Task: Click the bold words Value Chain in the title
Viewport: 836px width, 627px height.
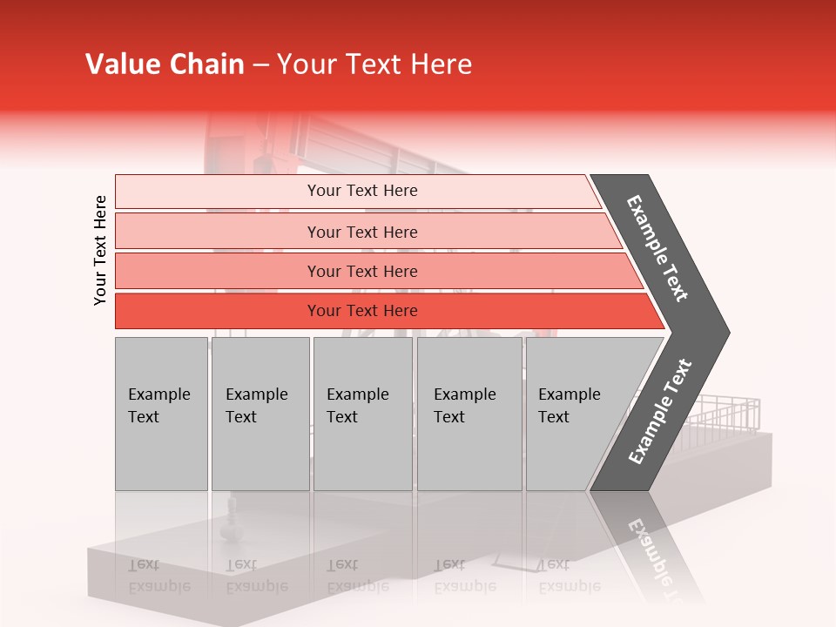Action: pos(165,64)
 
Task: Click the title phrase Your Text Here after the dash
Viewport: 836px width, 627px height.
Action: pos(374,64)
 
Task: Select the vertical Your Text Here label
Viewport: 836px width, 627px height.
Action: pos(100,250)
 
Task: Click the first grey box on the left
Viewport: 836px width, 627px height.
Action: pos(161,414)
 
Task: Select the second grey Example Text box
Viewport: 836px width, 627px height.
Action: pos(260,414)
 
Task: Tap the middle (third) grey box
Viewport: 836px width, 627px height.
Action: pos(362,414)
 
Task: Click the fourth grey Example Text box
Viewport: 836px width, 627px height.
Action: pos(469,414)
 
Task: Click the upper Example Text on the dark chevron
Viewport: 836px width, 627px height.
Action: pos(657,248)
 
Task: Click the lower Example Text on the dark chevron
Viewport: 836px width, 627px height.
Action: pos(660,412)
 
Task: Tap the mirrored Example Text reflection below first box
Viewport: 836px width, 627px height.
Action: pos(158,576)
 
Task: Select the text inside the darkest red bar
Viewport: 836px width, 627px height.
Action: pos(362,311)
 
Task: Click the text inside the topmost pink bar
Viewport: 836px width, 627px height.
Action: pos(362,191)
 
